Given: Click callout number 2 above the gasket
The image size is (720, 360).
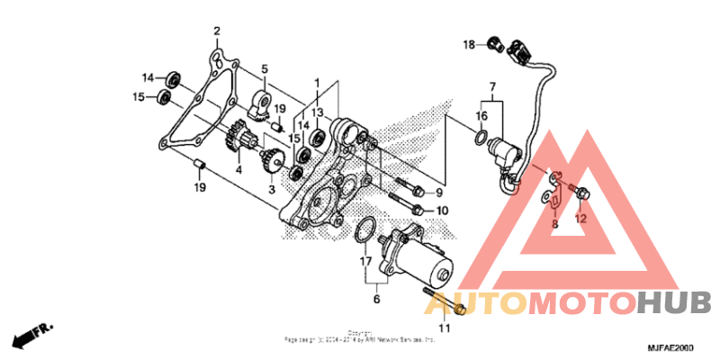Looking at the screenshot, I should point(217,32).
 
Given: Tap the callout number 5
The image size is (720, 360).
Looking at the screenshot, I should point(265,68).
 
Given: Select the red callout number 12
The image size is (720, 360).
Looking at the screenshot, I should point(580,218).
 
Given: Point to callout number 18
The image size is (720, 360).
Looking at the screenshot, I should point(469,44).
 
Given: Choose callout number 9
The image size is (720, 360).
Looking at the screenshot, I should point(440,193).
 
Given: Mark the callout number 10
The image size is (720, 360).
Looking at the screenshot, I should point(441,211).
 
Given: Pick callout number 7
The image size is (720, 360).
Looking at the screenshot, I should point(492,88).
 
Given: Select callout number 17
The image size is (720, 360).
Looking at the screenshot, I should point(364,262).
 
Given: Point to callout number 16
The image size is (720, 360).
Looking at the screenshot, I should point(482,115).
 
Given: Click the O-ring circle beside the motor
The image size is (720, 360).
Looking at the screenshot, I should point(364,230).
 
